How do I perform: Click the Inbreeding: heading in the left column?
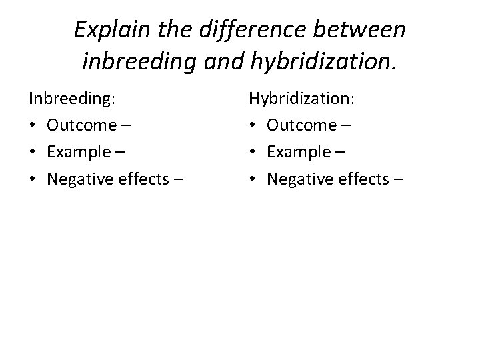(x=72, y=99)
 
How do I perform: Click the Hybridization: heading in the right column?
(x=302, y=99)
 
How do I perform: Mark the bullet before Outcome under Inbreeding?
(x=33, y=125)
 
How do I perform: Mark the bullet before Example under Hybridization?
(x=253, y=151)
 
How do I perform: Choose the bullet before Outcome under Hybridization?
(x=253, y=125)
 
